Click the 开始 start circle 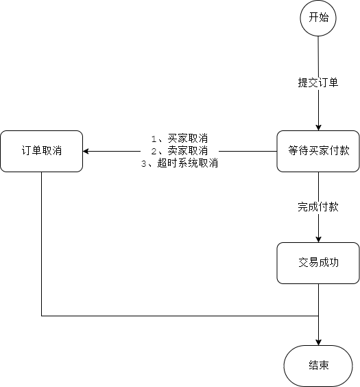(318, 18)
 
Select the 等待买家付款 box (318, 151)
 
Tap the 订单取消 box (41, 151)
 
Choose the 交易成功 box (318, 263)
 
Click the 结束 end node (318, 365)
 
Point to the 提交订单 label (318, 83)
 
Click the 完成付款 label (318, 207)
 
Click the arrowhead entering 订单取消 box (87, 151)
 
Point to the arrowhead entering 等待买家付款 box (318, 126)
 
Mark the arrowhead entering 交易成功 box (318, 238)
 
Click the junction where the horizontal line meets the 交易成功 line (318, 316)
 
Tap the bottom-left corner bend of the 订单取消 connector (41, 316)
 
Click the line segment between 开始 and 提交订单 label (318, 55)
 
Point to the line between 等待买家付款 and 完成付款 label (318, 185)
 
